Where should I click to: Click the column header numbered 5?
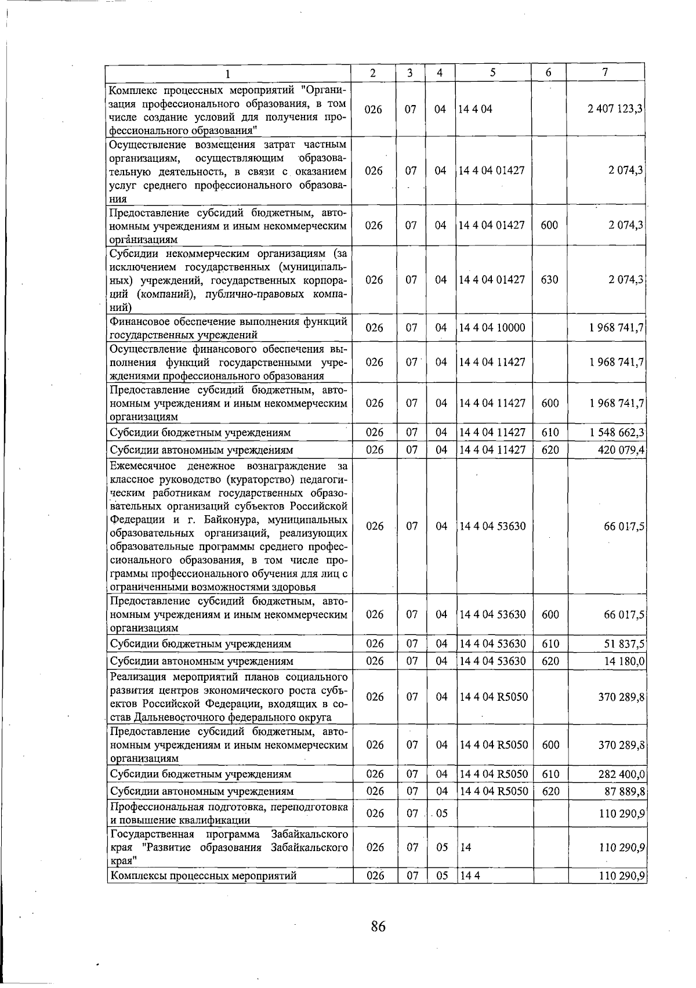(492, 73)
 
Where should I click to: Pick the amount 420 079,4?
(621, 450)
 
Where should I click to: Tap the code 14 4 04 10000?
(492, 328)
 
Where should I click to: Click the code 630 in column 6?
(549, 280)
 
